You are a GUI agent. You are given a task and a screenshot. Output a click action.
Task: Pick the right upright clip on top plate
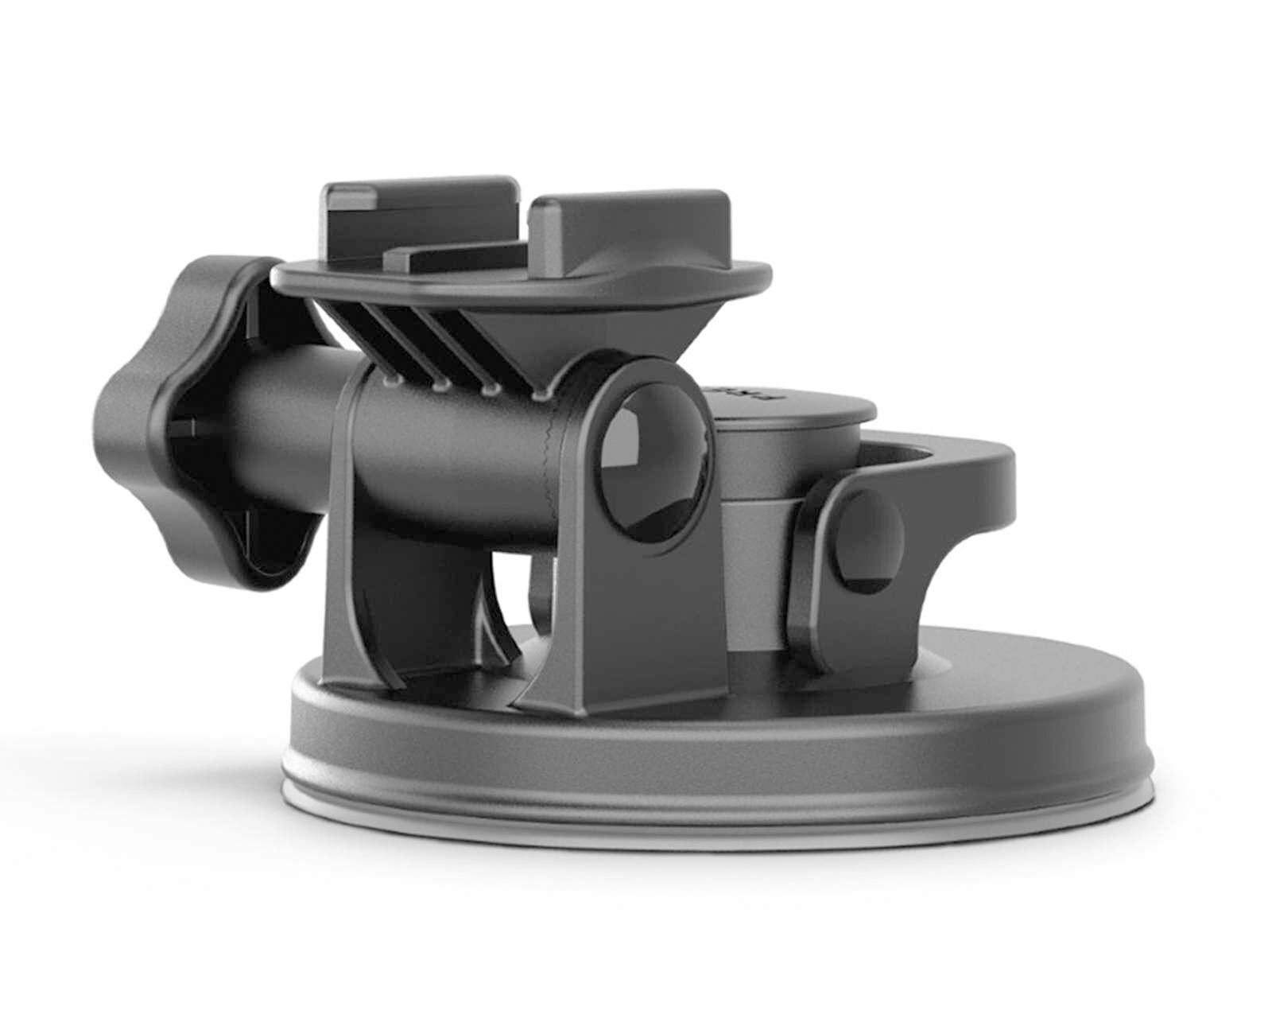coord(632,231)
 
